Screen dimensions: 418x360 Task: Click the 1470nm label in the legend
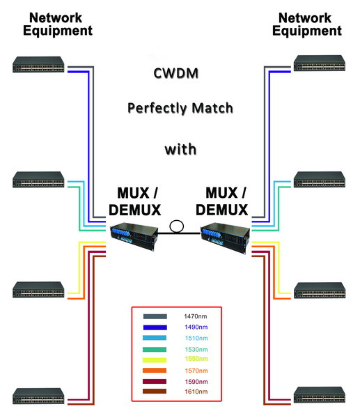click(193, 316)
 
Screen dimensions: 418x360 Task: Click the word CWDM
click(179, 72)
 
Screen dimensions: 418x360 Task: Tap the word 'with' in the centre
click(180, 148)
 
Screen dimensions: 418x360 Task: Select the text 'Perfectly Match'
click(179, 109)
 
